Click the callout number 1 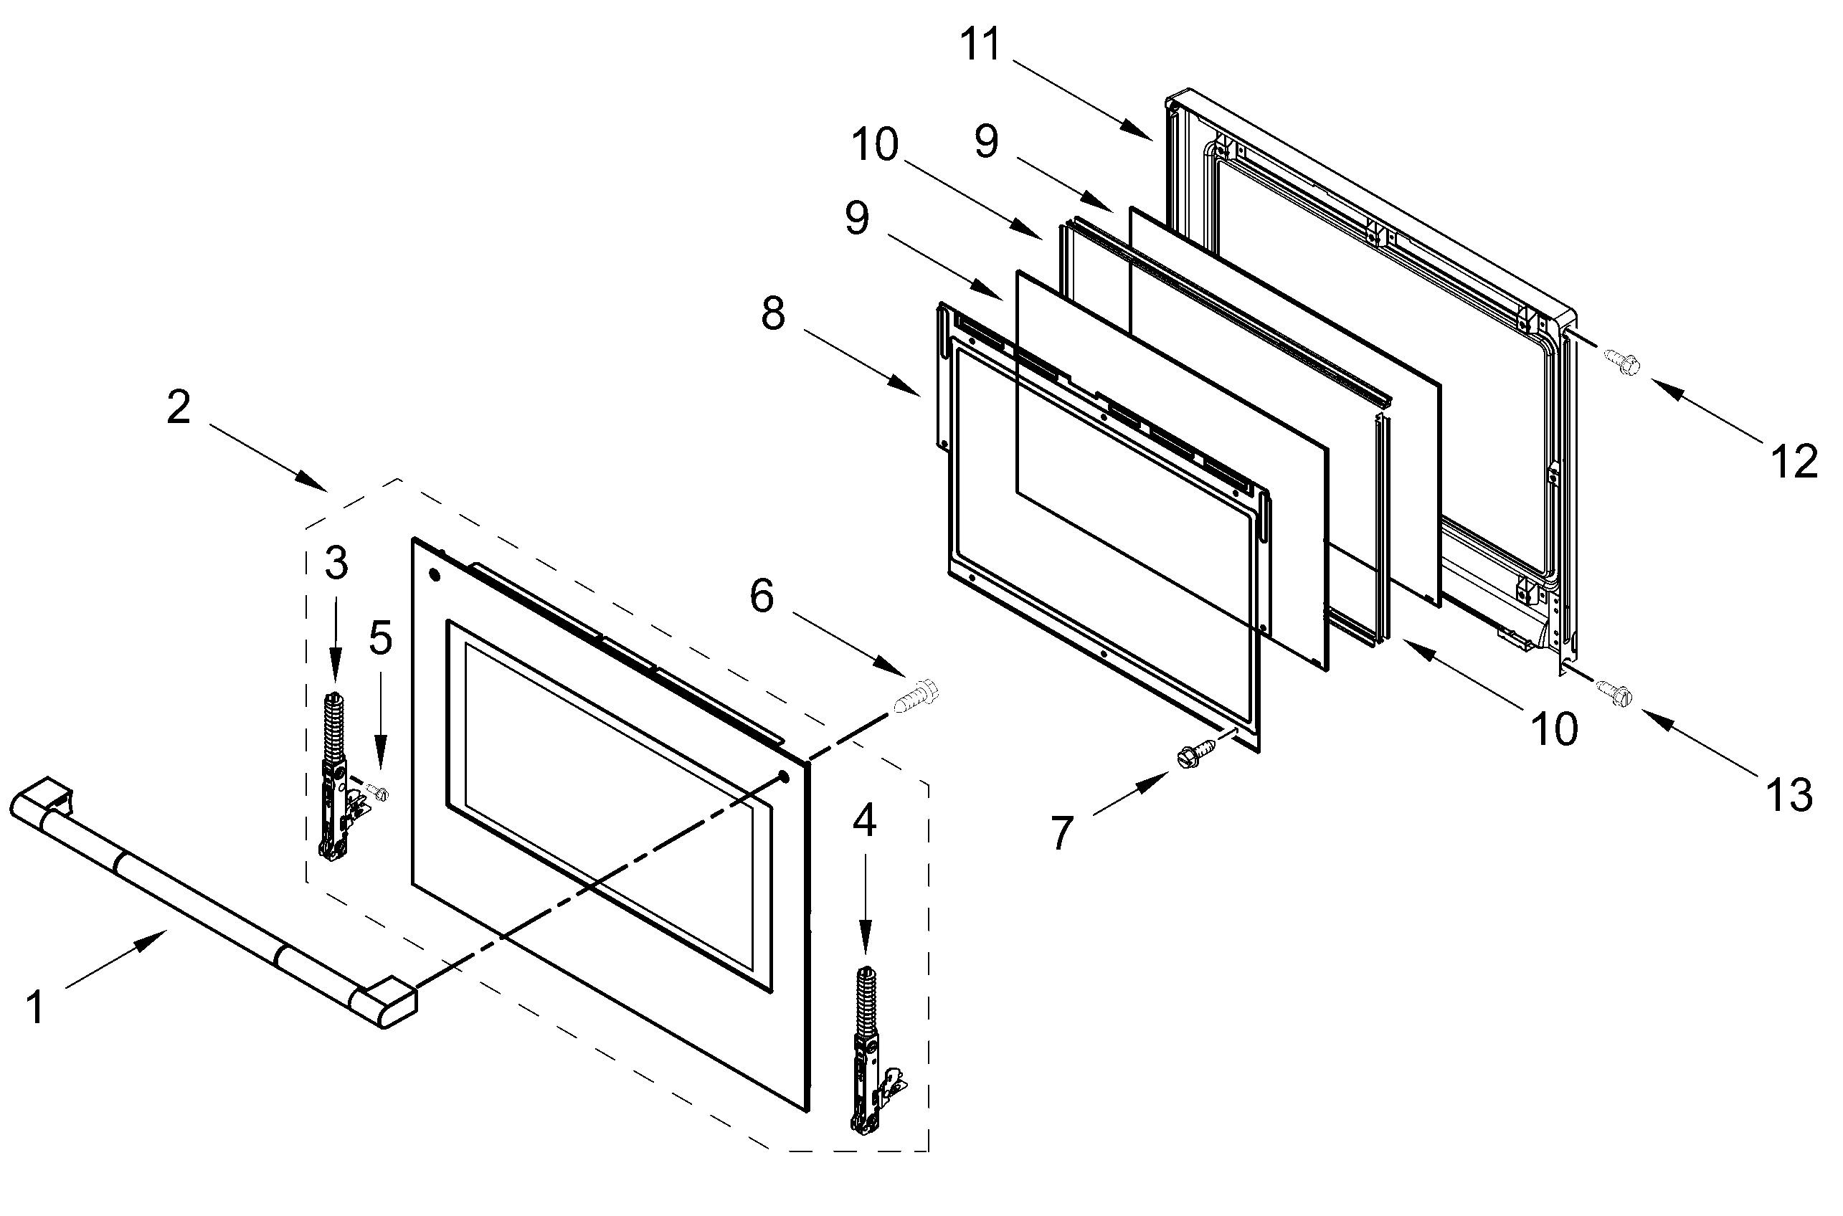coord(36,1007)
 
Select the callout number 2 coord(179,407)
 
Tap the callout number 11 coord(981,44)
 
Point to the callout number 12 coord(1794,462)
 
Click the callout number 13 coord(1789,796)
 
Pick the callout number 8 coord(772,315)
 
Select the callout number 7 coord(1061,834)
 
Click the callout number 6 coord(762,597)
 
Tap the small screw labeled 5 coord(379,792)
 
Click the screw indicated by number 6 coord(915,696)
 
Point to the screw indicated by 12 coord(1621,361)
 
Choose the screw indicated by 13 coord(1614,690)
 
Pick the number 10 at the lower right coord(1555,729)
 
